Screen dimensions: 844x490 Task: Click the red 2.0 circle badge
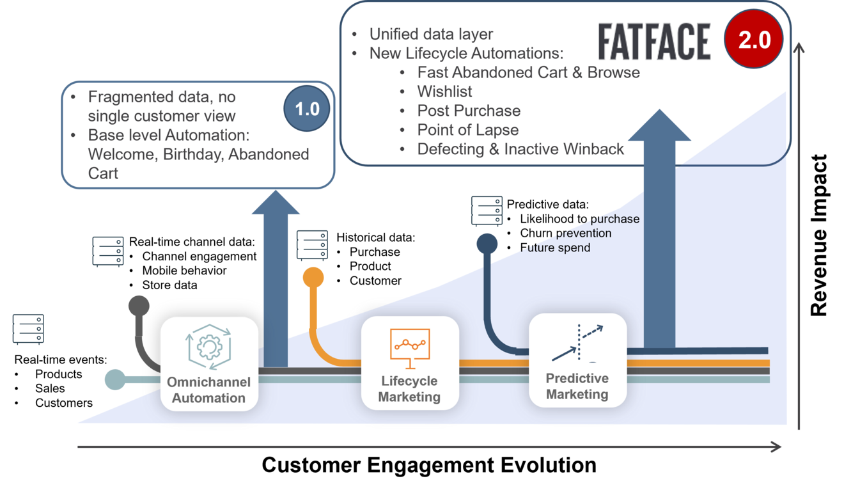point(754,39)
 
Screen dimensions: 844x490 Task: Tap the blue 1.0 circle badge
point(307,109)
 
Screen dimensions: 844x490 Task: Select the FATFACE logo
point(655,42)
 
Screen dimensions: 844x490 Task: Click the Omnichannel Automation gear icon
point(209,347)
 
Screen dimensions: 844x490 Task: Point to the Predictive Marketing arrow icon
point(577,343)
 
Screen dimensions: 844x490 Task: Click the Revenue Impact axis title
point(819,235)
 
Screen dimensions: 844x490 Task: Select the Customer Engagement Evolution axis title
point(429,465)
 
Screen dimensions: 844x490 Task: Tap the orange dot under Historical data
point(313,278)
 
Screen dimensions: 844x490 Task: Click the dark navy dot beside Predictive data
point(487,244)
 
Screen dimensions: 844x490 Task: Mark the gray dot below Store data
point(139,306)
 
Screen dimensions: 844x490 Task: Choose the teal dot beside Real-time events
point(115,379)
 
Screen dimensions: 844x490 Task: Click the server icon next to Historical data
point(312,246)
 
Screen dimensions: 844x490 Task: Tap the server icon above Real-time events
point(28,329)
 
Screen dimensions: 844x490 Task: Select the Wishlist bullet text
point(444,91)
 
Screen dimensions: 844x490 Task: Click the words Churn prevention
point(566,233)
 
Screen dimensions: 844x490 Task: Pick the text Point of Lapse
point(468,130)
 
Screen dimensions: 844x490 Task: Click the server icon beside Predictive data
point(487,211)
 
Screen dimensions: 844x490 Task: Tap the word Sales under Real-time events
point(50,388)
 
